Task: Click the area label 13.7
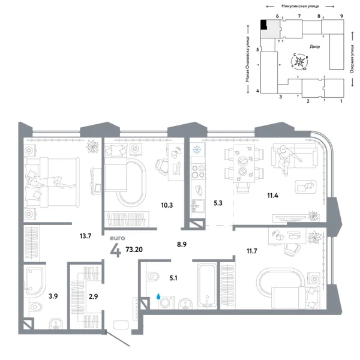click(x=85, y=236)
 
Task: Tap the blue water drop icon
click(x=159, y=296)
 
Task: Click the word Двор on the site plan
click(x=315, y=46)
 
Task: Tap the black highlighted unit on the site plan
click(x=264, y=25)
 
